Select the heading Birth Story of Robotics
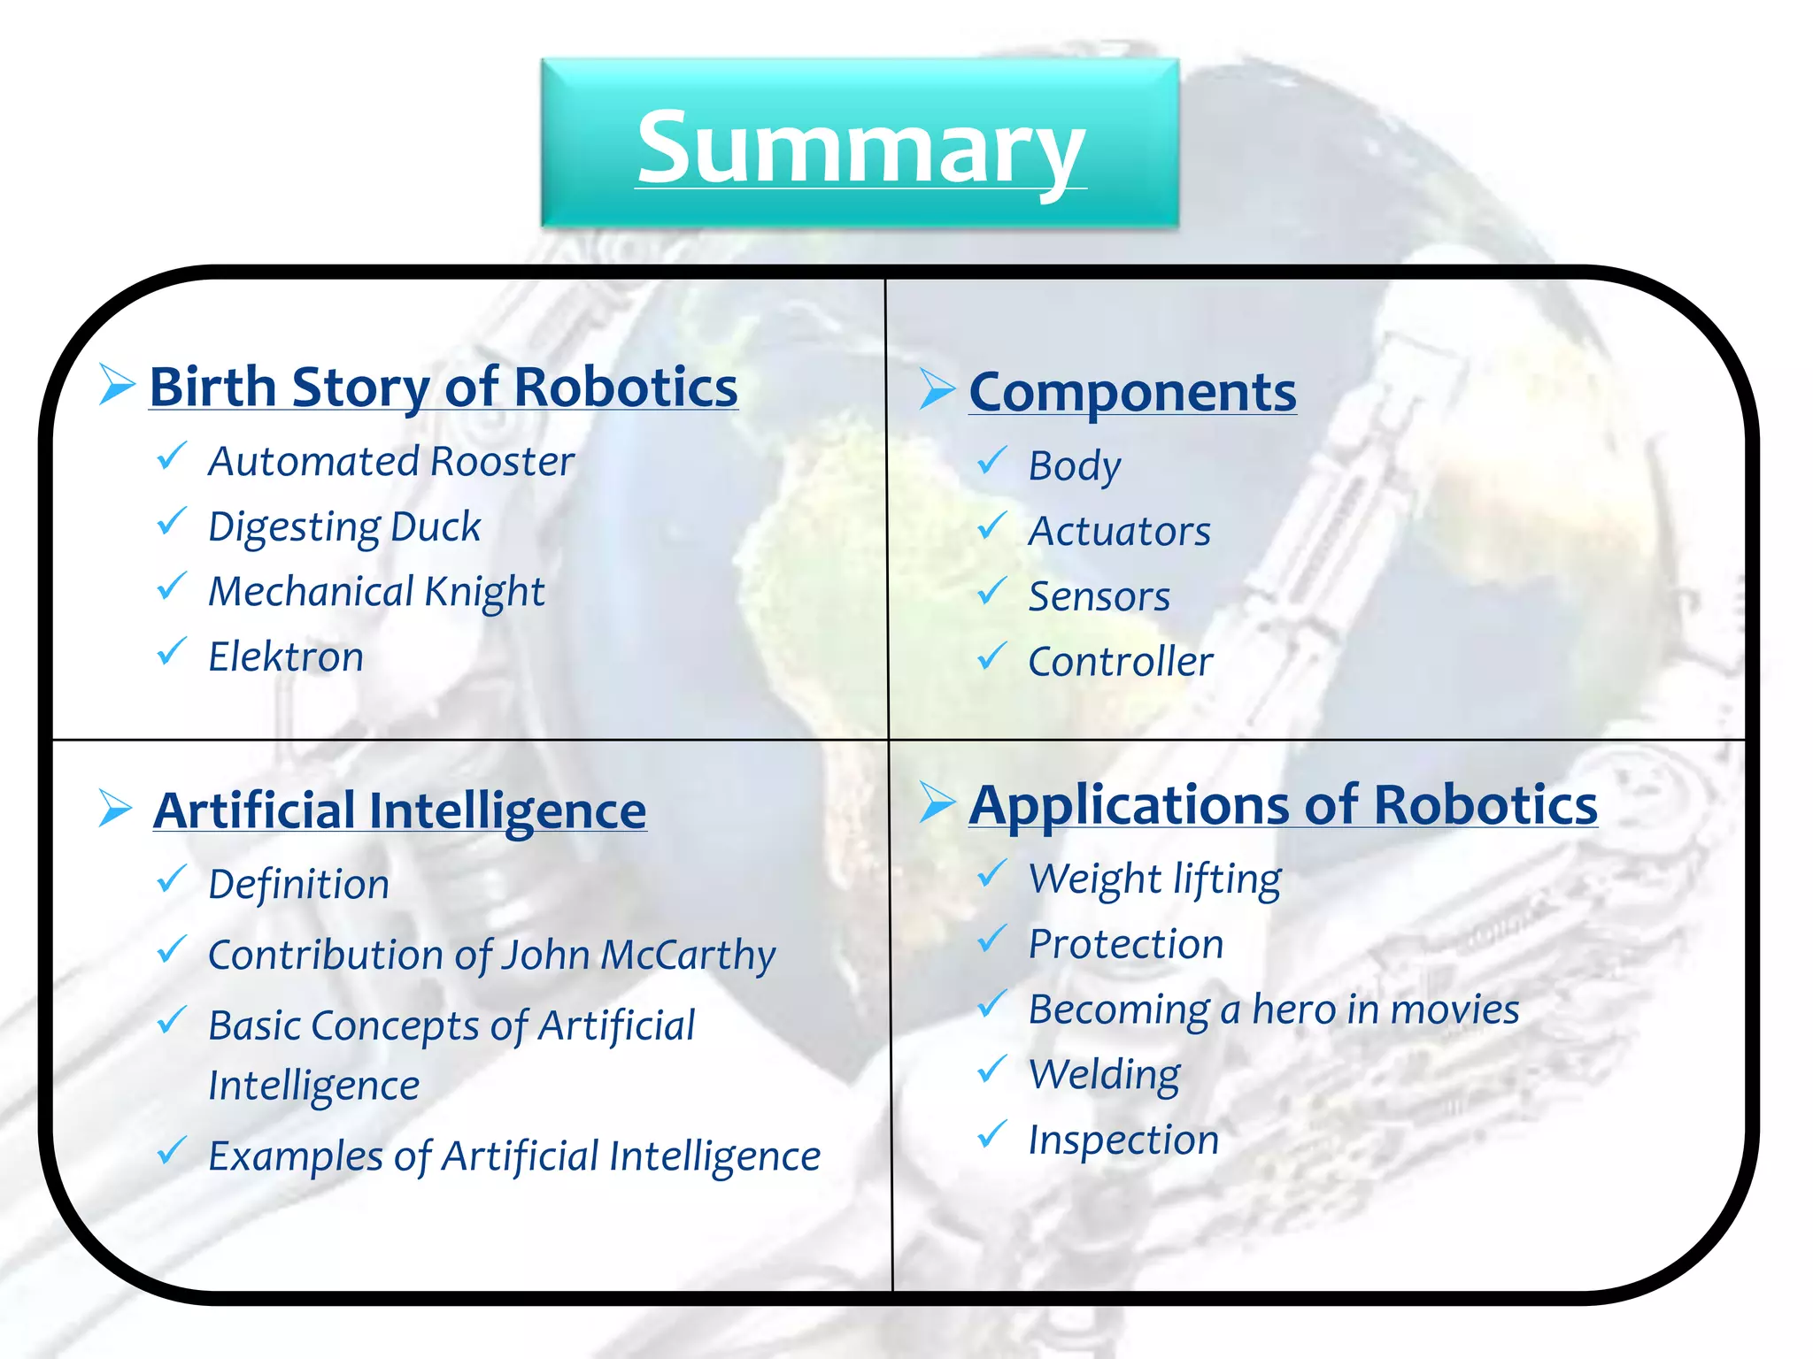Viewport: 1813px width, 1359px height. click(443, 388)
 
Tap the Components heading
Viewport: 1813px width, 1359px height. click(1132, 392)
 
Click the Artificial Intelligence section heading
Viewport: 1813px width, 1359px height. click(399, 810)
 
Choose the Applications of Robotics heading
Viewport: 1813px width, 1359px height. click(1283, 805)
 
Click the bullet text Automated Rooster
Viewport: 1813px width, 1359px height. click(390, 462)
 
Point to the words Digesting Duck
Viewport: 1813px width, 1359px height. click(344, 527)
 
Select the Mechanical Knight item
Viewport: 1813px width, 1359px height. click(376, 592)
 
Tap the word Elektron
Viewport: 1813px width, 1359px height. click(286, 657)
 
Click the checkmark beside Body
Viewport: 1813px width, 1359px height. click(991, 460)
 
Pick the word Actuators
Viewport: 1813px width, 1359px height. click(1119, 532)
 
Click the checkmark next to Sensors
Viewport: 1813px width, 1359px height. click(991, 591)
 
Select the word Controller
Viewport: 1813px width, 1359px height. click(1120, 662)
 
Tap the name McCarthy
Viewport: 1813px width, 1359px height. click(688, 956)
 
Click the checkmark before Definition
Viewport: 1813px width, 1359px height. click(171, 879)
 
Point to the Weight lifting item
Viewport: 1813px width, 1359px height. click(1154, 879)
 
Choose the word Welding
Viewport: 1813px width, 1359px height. click(1104, 1075)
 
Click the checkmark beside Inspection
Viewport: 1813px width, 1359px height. click(991, 1134)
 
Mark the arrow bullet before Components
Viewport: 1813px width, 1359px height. click(937, 389)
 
